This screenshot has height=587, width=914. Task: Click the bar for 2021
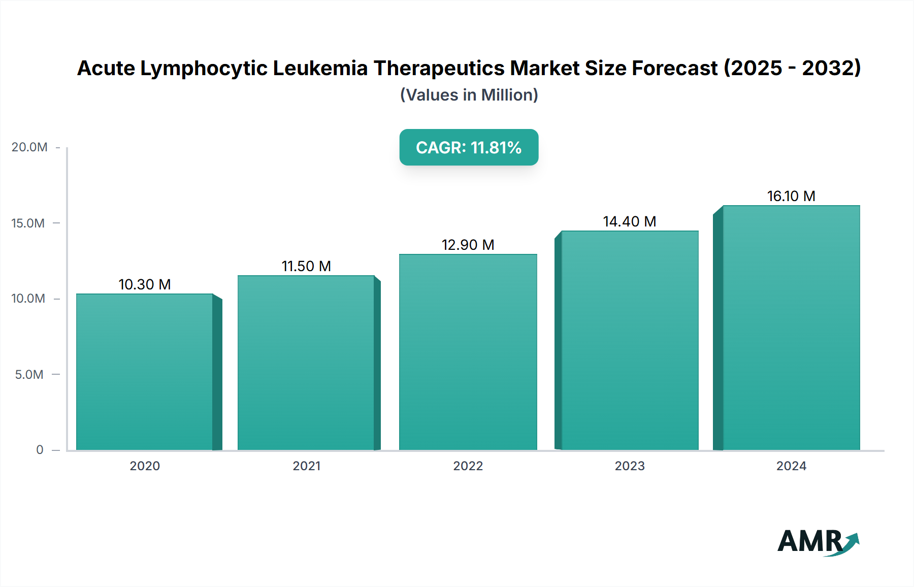(x=306, y=363)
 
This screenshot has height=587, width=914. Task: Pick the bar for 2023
(x=630, y=340)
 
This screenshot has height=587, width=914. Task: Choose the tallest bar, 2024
(x=791, y=328)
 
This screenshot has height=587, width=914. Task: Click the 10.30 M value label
(x=145, y=284)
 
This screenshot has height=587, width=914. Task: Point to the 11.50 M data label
(x=306, y=266)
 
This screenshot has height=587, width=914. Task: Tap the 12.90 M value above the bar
(x=468, y=245)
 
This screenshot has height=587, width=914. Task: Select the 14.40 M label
(x=630, y=221)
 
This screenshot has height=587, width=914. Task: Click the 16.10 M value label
(x=791, y=196)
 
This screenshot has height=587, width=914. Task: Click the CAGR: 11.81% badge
(x=469, y=147)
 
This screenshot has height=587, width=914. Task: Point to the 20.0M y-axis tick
(x=29, y=147)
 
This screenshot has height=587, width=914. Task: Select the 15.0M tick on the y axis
(x=28, y=223)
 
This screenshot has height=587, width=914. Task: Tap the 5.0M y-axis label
(x=29, y=374)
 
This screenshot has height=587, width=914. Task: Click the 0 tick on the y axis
(x=40, y=450)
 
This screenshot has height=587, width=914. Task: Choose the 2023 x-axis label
(x=630, y=466)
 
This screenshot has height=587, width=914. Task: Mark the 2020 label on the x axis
(x=145, y=466)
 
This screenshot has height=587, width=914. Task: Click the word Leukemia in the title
(x=320, y=68)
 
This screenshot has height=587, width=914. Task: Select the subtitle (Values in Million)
(x=469, y=95)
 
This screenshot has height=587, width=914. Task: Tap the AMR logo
(x=818, y=541)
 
